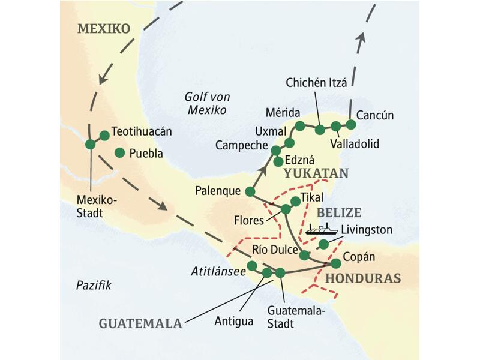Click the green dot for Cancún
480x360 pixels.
point(351,124)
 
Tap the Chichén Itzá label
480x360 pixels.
point(317,84)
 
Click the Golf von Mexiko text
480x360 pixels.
point(206,103)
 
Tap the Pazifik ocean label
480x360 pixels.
point(94,285)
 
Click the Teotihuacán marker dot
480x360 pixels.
point(104,136)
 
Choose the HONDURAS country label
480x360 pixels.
point(362,279)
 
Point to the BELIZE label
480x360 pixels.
point(338,212)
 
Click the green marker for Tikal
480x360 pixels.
point(295,201)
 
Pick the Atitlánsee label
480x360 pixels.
point(218,271)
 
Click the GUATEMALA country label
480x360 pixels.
point(140,323)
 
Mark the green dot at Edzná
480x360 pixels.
point(278,161)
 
